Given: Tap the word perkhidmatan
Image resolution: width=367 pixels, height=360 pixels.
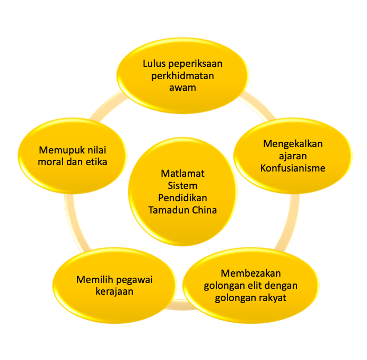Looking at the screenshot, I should coord(182,75).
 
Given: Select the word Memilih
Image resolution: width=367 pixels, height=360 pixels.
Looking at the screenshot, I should coord(94,279).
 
